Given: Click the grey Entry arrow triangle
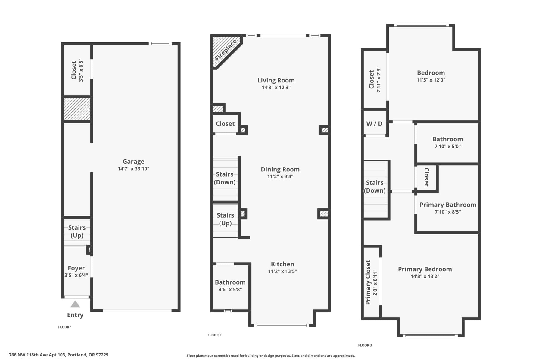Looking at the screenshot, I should tap(75, 304).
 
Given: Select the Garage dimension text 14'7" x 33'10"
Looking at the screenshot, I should tap(133, 169).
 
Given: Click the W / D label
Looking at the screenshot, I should tap(374, 124).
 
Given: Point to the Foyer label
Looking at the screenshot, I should tap(76, 268).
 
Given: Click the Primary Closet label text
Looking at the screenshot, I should tap(368, 282).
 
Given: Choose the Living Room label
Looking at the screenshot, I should tap(276, 80).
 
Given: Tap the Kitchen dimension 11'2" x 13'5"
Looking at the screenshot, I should tap(282, 271).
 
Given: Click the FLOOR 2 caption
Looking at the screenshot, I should tap(214, 335).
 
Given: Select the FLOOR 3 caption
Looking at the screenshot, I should tap(365, 345).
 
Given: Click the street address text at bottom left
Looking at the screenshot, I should tap(59, 355).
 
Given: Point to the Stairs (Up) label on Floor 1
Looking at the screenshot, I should tap(77, 231).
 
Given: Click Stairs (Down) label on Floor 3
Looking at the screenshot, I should tap(375, 187).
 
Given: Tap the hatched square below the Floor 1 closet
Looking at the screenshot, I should tap(77, 109).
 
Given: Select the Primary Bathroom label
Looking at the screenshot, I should tap(448, 205).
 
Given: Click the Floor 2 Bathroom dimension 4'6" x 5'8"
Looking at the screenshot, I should tap(230, 290).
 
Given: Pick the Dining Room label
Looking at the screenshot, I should tap(280, 169).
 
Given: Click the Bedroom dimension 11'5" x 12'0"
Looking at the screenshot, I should tap(431, 80).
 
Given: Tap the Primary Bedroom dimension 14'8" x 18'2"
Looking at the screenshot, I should tap(425, 276).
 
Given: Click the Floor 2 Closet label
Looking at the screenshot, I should tap(225, 124).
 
